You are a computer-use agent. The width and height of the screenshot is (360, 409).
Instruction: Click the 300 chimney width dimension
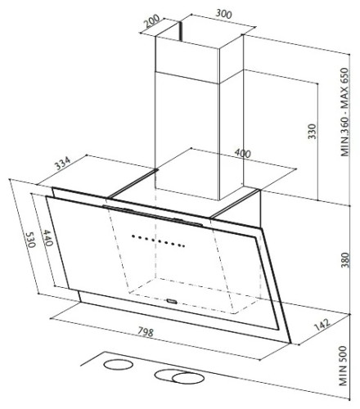[x=223, y=14]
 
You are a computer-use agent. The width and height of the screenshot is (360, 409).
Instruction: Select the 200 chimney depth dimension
[x=152, y=21]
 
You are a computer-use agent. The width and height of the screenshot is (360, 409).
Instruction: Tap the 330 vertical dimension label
[x=312, y=132]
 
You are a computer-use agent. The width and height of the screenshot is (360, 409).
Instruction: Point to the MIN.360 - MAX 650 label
[x=344, y=112]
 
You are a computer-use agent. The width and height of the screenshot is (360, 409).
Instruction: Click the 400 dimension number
[x=242, y=153]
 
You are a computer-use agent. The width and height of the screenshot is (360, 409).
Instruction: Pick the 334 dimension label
[x=63, y=163]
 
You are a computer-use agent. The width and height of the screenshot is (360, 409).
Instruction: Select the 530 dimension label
[x=30, y=240]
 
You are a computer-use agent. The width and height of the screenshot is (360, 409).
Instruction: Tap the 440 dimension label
[x=47, y=238]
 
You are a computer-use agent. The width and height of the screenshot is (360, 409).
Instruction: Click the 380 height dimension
[x=344, y=260]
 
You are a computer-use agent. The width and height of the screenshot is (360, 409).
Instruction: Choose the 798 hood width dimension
[x=146, y=331]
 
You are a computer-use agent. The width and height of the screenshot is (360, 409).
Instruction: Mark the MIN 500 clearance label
[x=343, y=366]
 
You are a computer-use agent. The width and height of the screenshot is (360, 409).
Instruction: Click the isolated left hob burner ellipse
[x=119, y=365]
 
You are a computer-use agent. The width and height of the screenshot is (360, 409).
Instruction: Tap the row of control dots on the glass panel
[x=159, y=241]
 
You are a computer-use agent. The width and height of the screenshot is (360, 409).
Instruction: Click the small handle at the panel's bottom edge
[x=172, y=301]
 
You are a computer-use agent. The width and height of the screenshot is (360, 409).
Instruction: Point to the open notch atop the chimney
[x=180, y=31]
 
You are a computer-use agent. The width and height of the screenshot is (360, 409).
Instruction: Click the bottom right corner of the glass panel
[x=290, y=343]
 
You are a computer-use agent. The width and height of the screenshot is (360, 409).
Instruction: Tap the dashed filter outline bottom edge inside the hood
[x=182, y=303]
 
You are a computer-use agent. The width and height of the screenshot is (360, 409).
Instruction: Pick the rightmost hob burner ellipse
[x=188, y=379]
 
